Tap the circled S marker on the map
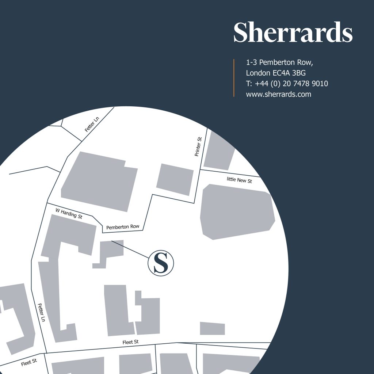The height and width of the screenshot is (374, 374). [161, 263]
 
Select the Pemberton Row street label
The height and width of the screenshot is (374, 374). [123, 227]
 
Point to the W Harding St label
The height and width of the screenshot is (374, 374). [69, 213]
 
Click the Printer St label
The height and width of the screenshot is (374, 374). [198, 147]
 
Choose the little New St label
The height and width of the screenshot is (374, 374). [239, 180]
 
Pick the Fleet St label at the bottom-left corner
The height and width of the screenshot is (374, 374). [29, 362]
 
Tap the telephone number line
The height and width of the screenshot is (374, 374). [287, 84]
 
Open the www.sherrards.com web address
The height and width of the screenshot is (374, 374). [279, 94]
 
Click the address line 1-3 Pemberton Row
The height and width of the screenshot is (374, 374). [280, 62]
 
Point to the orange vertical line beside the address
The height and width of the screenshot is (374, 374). [234, 78]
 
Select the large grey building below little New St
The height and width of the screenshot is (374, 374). [237, 211]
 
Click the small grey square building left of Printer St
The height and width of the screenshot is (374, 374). [175, 179]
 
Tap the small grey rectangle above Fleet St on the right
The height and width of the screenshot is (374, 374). [212, 328]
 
